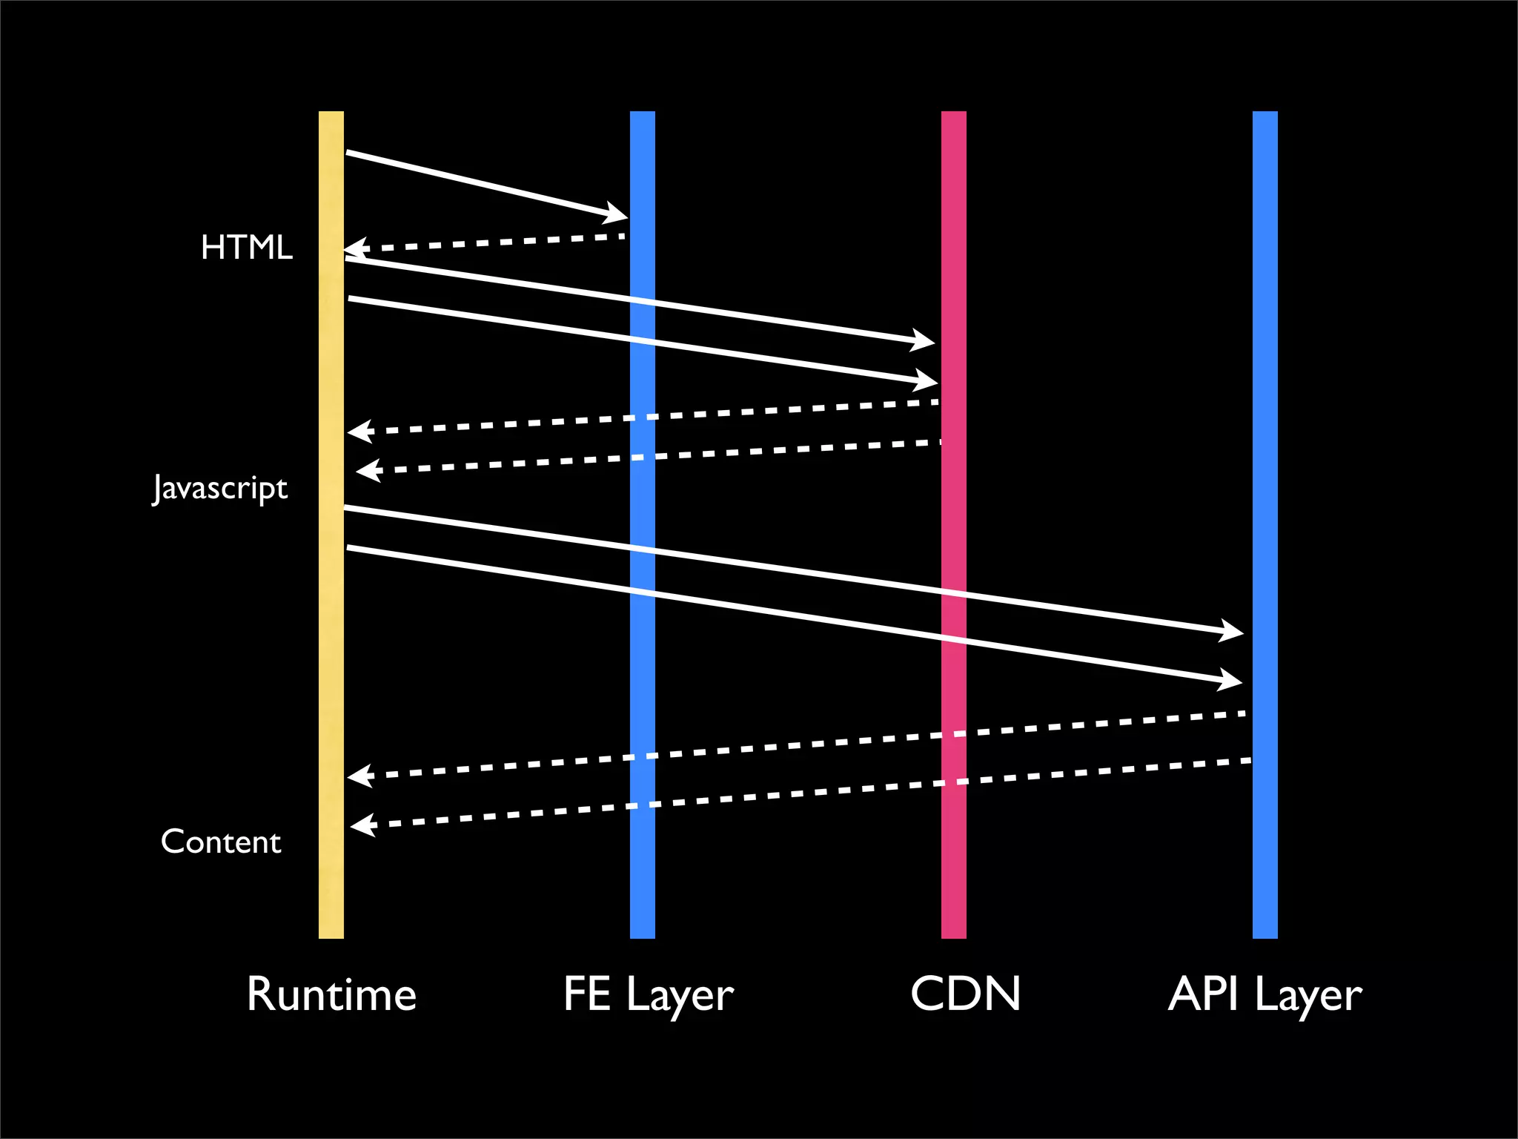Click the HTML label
tap(247, 247)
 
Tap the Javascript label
tap(220, 489)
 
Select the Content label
tap(221, 842)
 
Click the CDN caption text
tap(965, 994)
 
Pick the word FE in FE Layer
tap(586, 994)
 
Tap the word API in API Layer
tap(1203, 994)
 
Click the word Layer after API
tap(1308, 996)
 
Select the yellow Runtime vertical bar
tap(331, 667)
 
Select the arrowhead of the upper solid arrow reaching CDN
tap(924, 340)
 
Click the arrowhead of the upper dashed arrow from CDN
tap(359, 432)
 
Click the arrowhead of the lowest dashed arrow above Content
tap(362, 825)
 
